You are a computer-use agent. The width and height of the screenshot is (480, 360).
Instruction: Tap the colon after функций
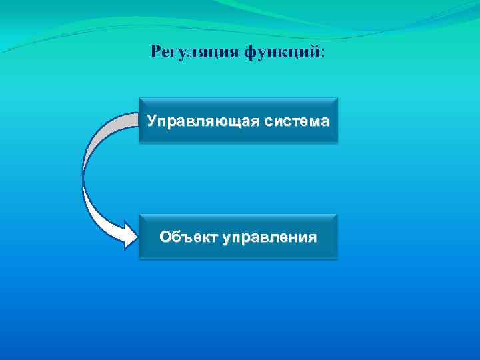323,53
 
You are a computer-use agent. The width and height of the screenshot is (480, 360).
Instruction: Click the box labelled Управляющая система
238,121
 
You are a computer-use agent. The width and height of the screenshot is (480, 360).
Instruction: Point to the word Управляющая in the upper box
203,122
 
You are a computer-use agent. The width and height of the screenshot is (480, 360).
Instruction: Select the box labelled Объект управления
238,236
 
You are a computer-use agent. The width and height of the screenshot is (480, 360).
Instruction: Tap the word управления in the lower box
269,237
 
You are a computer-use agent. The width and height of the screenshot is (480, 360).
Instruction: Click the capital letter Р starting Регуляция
156,51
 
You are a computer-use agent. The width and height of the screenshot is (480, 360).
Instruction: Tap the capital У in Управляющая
153,122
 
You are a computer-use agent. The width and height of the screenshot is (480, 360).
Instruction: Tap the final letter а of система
324,123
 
